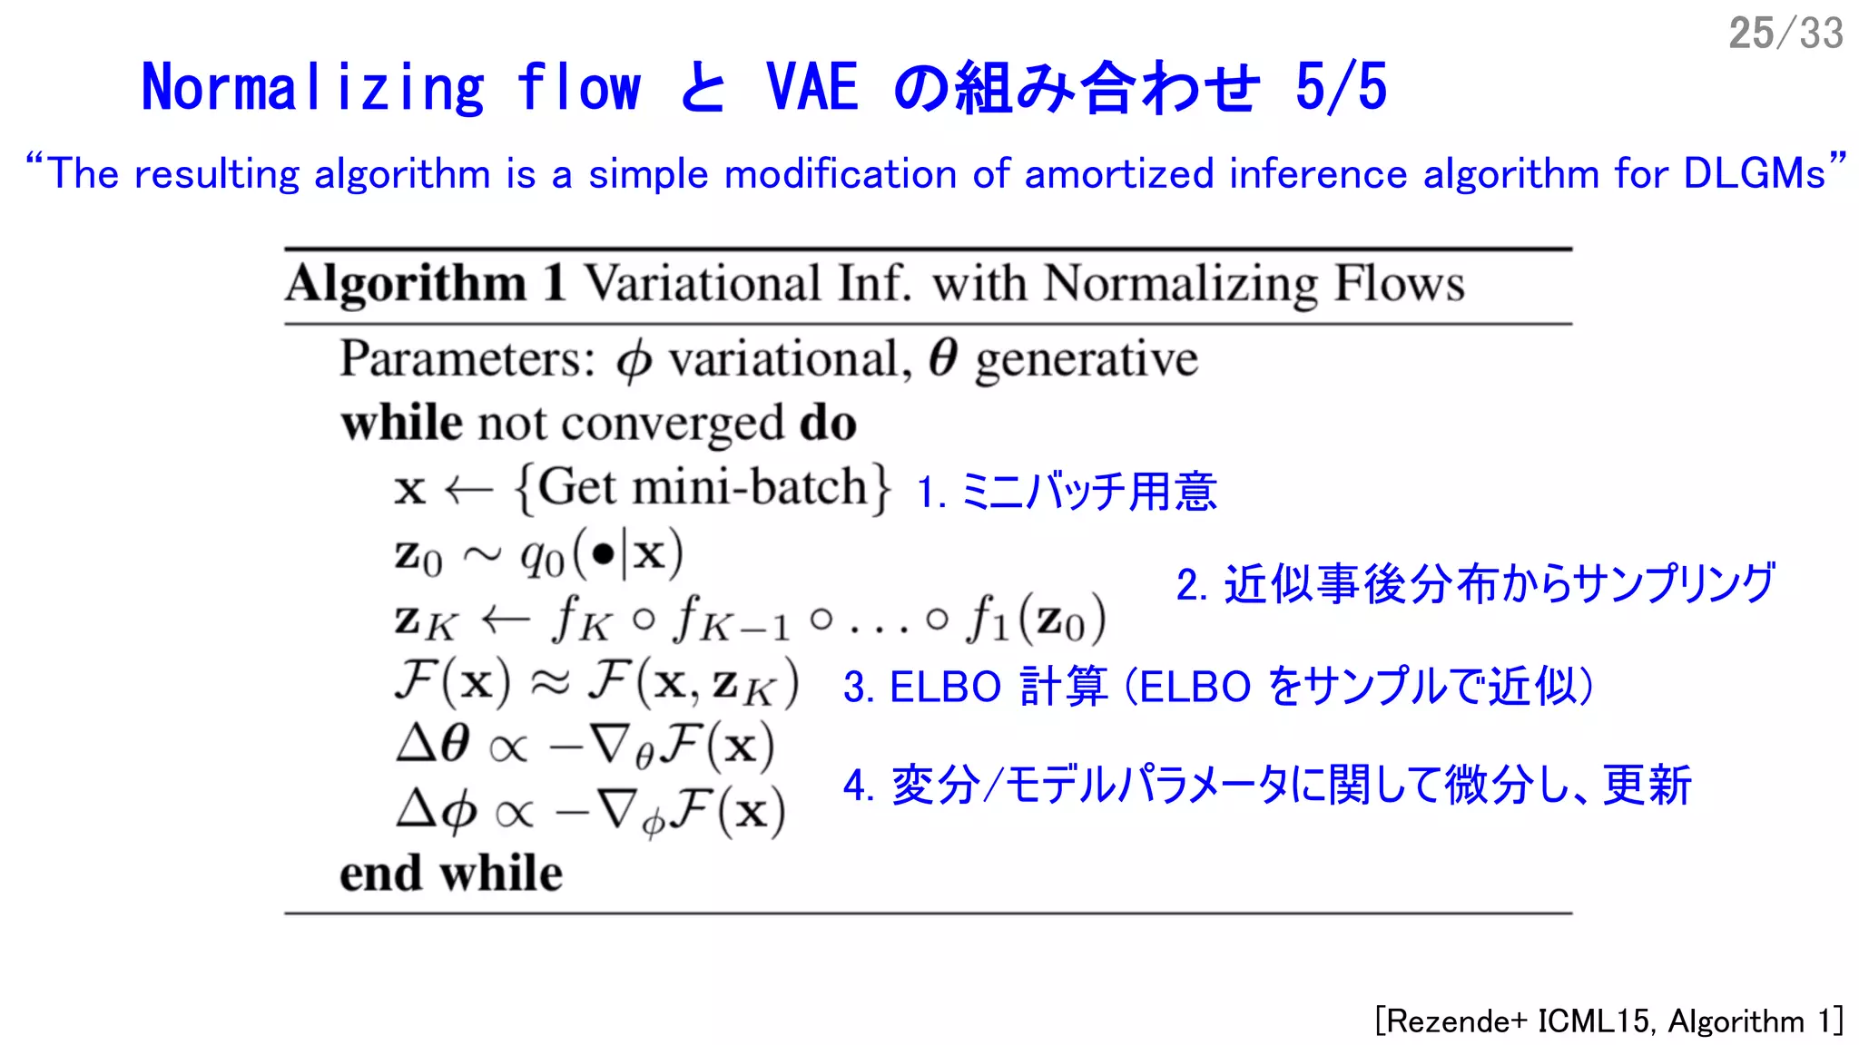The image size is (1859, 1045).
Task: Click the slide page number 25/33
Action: click(1785, 34)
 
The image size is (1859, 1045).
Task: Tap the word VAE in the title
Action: click(811, 88)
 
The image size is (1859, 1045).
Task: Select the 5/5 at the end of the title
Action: click(1341, 88)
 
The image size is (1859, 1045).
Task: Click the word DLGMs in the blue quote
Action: click(1754, 173)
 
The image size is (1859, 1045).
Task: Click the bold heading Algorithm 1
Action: click(426, 284)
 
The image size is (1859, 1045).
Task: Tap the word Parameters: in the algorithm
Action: click(467, 359)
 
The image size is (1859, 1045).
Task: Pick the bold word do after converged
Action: click(828, 424)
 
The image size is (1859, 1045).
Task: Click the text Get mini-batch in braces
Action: click(703, 488)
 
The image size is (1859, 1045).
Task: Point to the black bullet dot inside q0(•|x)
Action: click(602, 552)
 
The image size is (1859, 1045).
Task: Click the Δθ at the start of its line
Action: click(433, 745)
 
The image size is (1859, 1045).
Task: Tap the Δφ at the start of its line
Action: click(436, 809)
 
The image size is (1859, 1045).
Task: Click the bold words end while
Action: click(450, 874)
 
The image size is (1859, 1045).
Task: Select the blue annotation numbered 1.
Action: click(1066, 492)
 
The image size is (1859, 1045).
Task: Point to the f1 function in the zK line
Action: click(988, 620)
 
